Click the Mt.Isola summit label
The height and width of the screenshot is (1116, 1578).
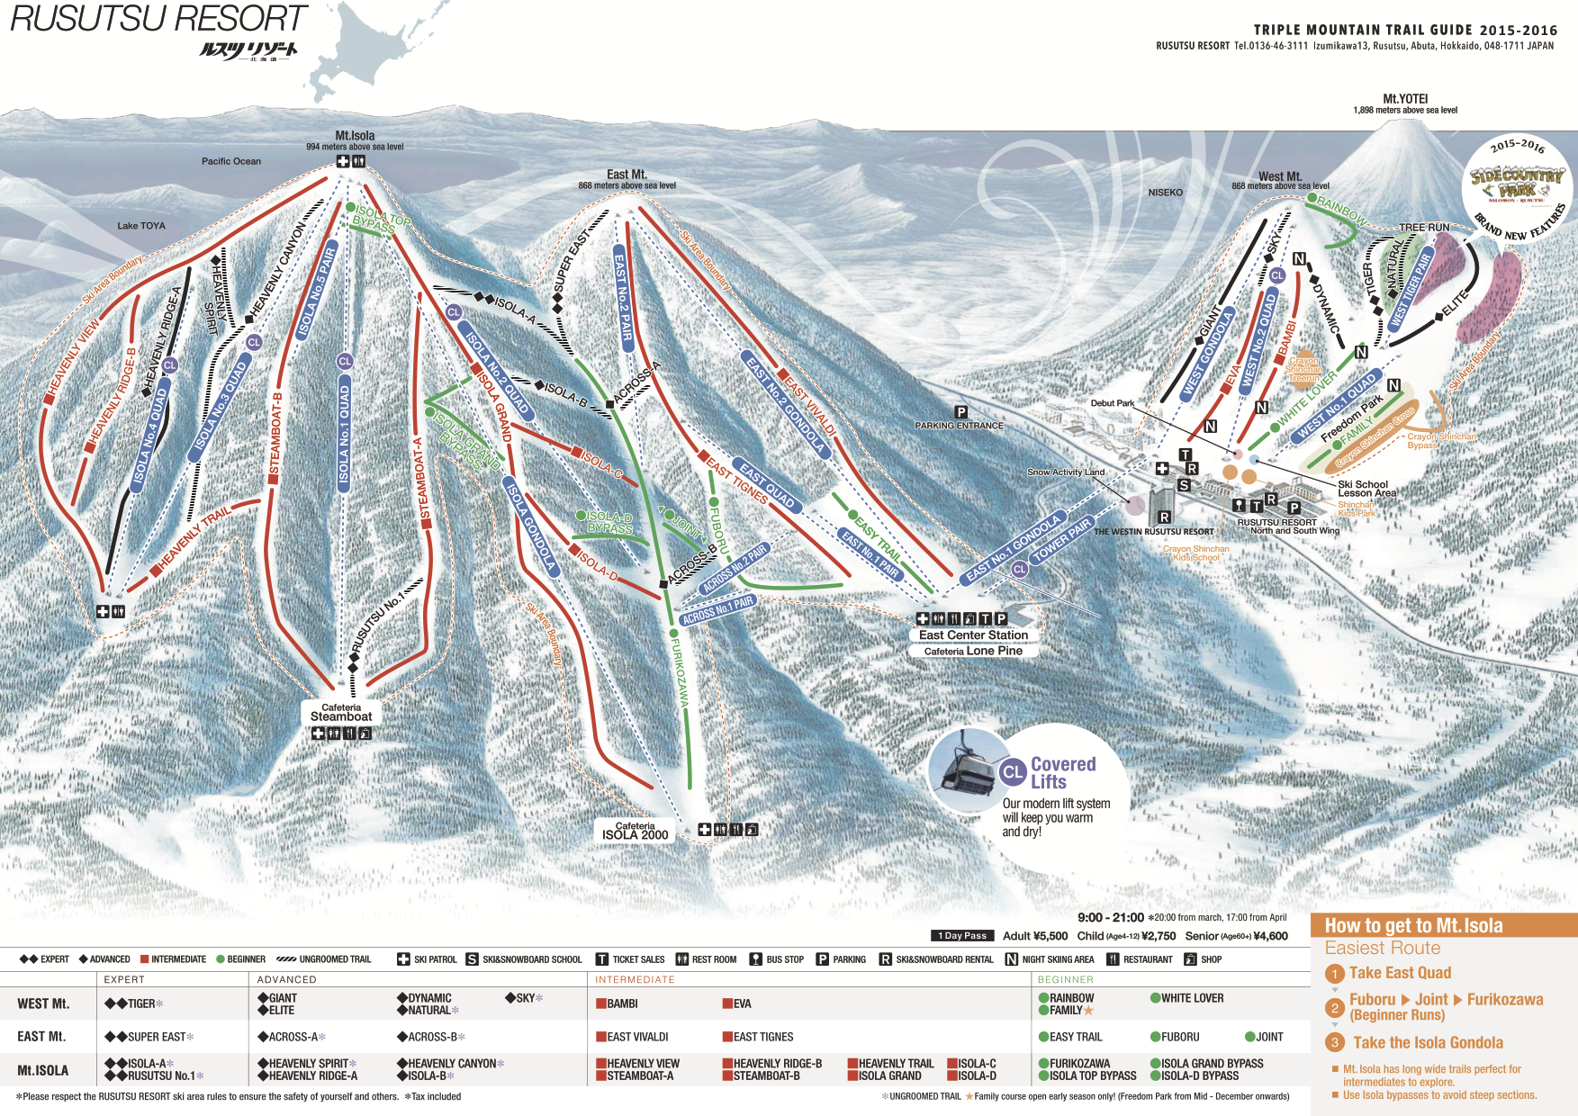[355, 136]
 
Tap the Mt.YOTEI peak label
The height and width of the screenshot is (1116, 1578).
[1405, 99]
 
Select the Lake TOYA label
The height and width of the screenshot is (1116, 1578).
[141, 226]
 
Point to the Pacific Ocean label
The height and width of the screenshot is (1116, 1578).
[231, 161]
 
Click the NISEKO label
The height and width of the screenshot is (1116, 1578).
[1165, 193]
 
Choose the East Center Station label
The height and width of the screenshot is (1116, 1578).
[973, 634]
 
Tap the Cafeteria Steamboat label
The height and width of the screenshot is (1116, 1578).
[341, 713]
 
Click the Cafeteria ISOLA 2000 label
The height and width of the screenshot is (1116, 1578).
[635, 831]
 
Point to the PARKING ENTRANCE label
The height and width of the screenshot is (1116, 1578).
[959, 426]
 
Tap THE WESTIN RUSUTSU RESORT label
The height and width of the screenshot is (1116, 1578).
[1153, 532]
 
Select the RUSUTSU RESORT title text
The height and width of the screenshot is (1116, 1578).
[158, 19]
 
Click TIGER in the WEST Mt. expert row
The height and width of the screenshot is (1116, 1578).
[141, 1003]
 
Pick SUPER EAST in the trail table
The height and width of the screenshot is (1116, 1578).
[157, 1037]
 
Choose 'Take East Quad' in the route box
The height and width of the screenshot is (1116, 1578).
[1400, 973]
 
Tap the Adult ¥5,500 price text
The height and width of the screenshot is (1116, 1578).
[1035, 936]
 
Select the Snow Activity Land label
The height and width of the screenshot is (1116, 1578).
[1065, 472]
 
